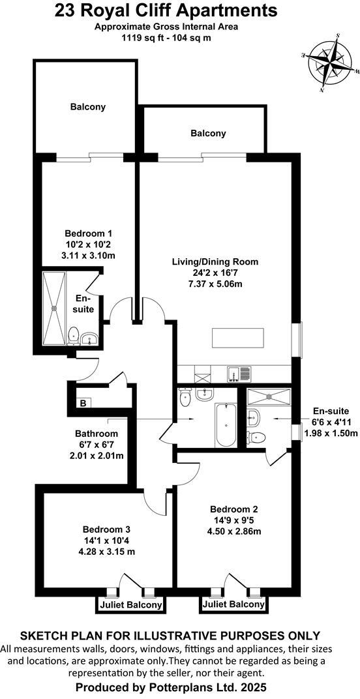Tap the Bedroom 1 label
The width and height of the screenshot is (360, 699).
coord(89,233)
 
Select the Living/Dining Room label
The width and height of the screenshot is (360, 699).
coord(215,262)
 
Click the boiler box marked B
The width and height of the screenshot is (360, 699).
coord(82,404)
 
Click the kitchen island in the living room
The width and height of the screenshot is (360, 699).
coord(237,339)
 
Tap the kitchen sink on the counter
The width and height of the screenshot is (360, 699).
coord(238,374)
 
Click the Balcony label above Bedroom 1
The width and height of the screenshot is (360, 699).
coord(88,106)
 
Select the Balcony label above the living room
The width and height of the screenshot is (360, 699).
coord(208,133)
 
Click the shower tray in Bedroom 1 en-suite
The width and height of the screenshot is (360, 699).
coord(53,308)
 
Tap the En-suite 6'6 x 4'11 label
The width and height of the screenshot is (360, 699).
coord(331,411)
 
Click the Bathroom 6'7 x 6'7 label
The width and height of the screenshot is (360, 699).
coord(97,434)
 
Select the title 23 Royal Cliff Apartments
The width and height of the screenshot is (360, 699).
coord(165,10)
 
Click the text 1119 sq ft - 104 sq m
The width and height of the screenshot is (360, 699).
coord(165,38)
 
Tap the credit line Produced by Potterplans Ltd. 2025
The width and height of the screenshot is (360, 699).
coord(172,687)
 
